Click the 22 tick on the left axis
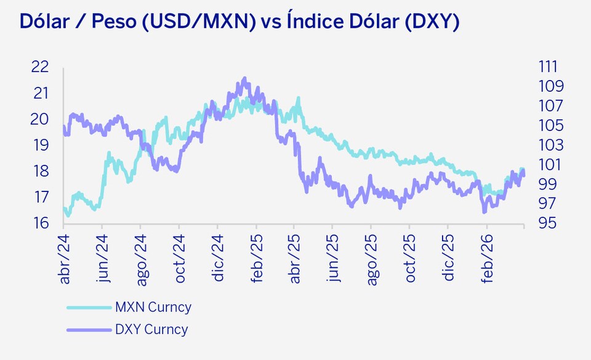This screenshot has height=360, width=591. (40, 66)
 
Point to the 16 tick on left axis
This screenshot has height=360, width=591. (40, 223)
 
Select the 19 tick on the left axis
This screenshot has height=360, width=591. (40, 145)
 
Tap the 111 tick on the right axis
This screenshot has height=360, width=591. (547, 66)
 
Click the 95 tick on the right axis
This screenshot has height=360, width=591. (547, 223)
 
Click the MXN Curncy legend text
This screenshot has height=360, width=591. (153, 307)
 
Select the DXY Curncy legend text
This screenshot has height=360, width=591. (151, 329)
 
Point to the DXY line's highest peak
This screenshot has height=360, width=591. (245, 78)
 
